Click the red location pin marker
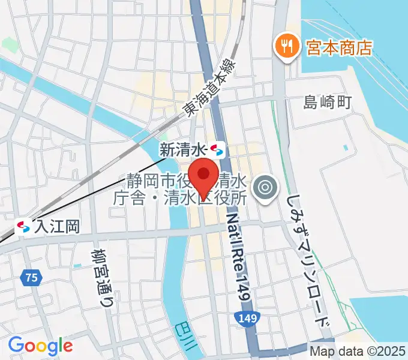(x=205, y=175)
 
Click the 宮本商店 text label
(x=340, y=46)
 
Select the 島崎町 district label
(x=327, y=103)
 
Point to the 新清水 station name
(x=182, y=149)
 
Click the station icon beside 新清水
(x=217, y=148)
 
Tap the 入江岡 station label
(x=57, y=227)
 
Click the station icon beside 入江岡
(x=24, y=227)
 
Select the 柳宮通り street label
(x=103, y=278)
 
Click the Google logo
(x=40, y=346)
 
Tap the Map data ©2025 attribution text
(x=358, y=351)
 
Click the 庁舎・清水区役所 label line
(x=179, y=196)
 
